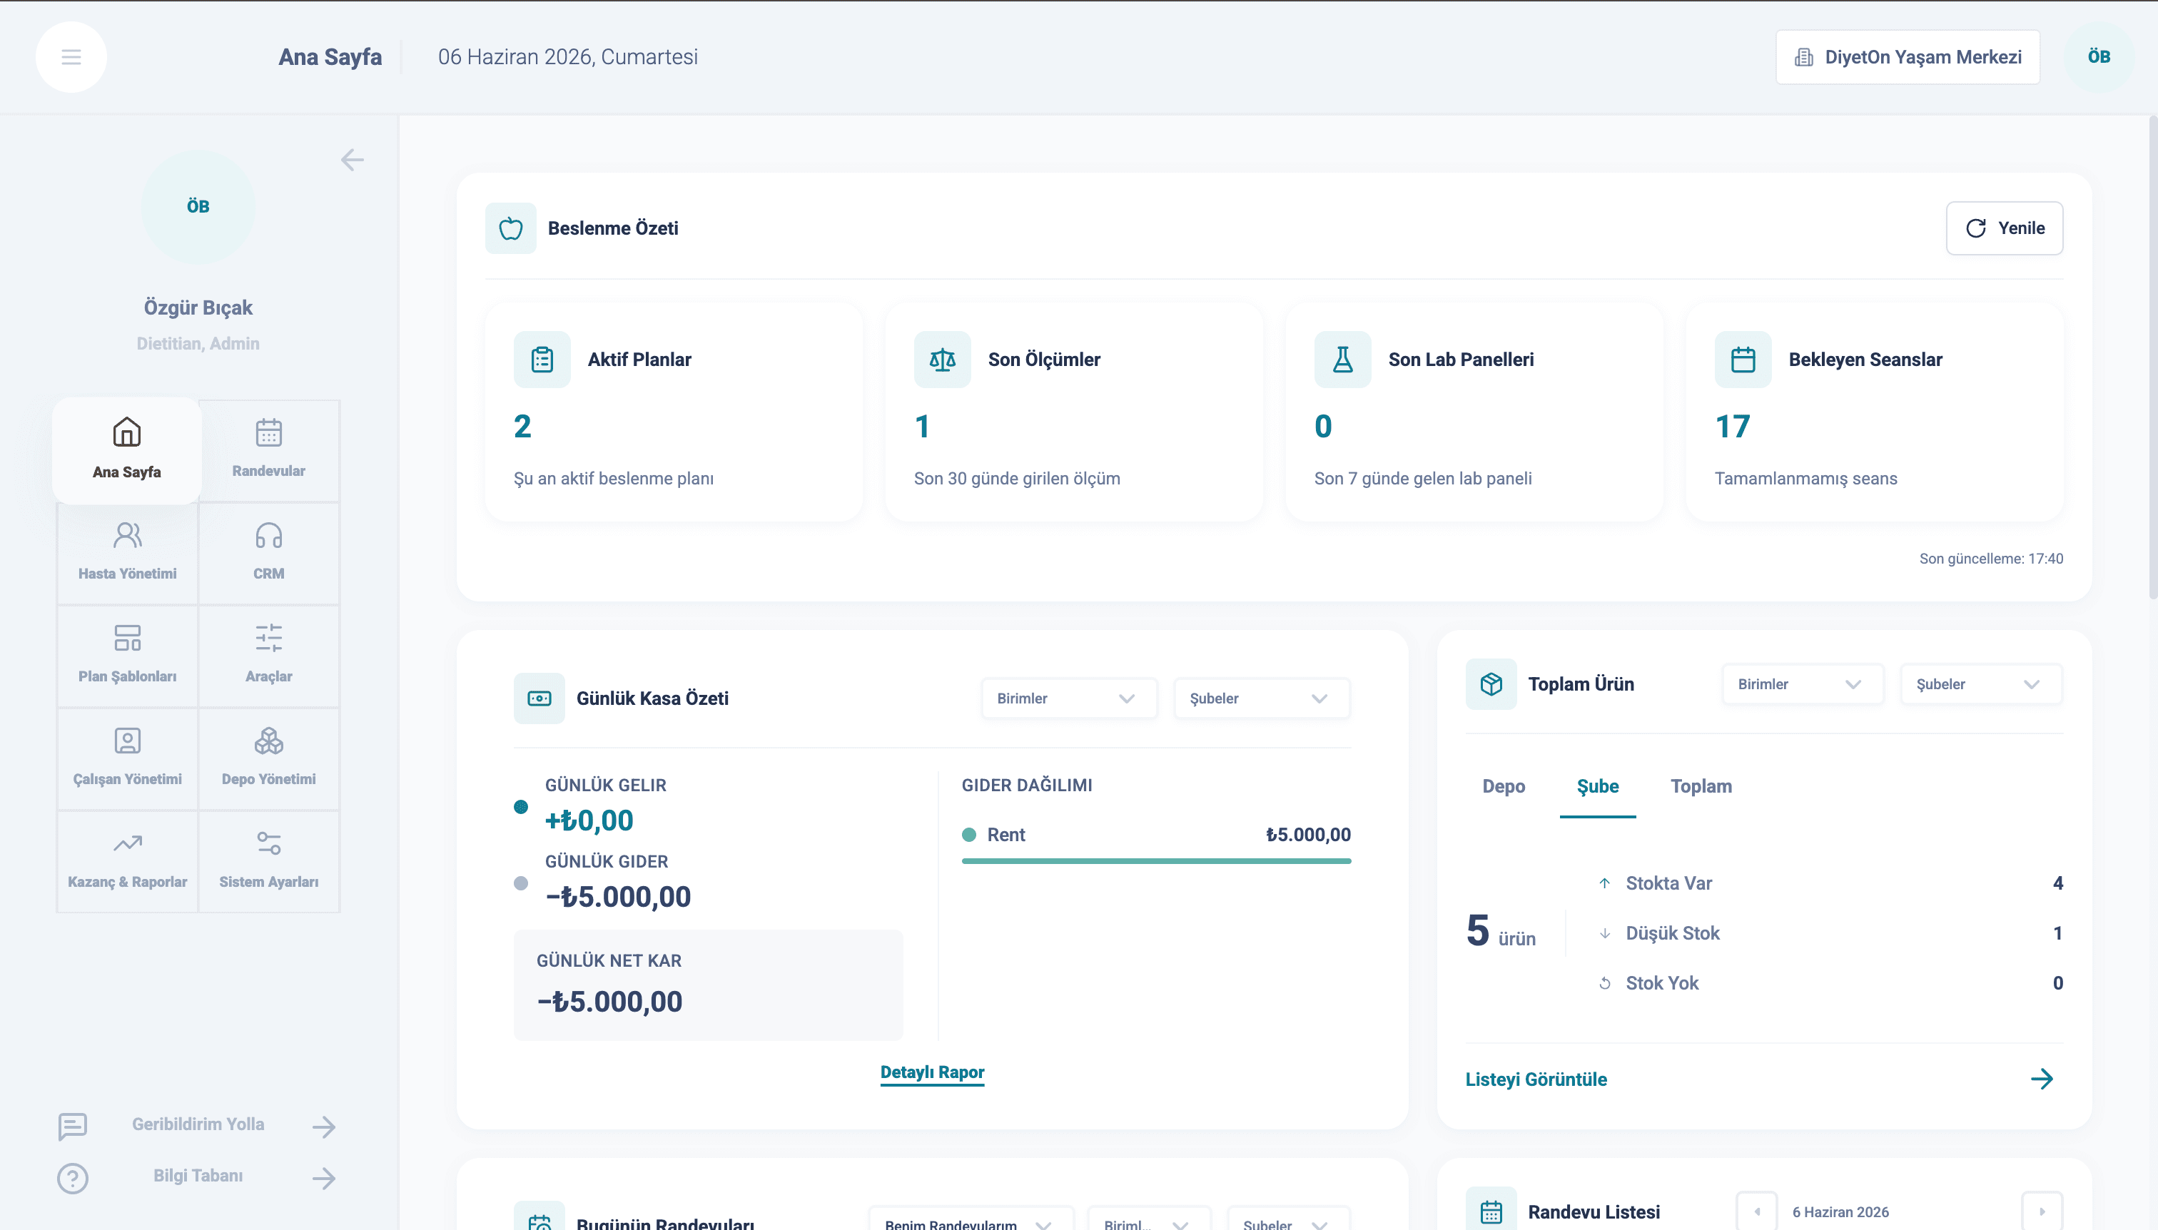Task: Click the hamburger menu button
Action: (71, 56)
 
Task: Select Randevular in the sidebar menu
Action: (269, 450)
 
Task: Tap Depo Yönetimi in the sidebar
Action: (269, 758)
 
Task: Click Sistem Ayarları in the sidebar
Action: (269, 862)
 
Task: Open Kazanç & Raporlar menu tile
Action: (128, 862)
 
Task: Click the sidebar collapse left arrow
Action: (353, 160)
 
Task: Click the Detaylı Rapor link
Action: (932, 1072)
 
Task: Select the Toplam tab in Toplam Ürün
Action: (1701, 786)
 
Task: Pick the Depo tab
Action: (1503, 786)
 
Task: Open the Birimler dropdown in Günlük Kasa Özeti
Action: (1068, 698)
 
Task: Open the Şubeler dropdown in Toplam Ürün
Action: (1980, 684)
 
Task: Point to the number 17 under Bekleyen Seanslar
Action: (1732, 427)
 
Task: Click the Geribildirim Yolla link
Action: (198, 1124)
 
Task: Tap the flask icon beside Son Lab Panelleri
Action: (1342, 359)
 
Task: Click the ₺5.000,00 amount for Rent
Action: (1308, 835)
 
